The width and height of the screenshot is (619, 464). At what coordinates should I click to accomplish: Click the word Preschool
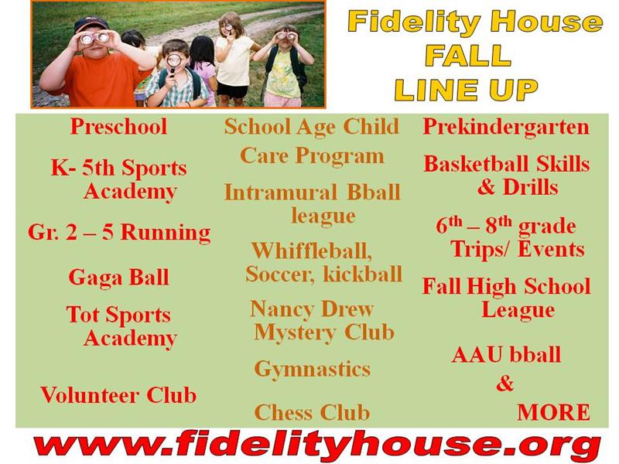(x=118, y=127)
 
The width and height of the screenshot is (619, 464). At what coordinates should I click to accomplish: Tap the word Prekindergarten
(x=506, y=127)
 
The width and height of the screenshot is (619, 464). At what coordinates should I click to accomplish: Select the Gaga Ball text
(x=118, y=278)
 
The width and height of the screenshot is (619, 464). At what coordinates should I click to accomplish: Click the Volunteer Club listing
(x=118, y=394)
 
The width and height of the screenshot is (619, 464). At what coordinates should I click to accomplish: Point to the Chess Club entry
(x=312, y=412)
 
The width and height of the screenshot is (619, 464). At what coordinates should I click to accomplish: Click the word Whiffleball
(x=312, y=251)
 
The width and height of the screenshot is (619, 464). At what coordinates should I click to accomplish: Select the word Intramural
(x=280, y=193)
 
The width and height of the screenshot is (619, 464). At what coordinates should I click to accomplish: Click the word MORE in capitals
(x=553, y=412)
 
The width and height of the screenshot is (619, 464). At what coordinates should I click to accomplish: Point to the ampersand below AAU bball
(x=505, y=384)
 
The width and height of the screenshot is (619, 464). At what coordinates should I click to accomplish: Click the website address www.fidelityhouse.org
(x=317, y=445)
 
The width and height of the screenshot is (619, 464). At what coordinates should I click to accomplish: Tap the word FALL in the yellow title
(x=468, y=55)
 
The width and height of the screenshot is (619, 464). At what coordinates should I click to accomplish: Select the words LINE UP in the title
(x=466, y=90)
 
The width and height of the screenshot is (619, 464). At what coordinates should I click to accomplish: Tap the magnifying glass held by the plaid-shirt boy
(x=173, y=63)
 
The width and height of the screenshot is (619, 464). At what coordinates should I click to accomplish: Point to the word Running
(x=166, y=233)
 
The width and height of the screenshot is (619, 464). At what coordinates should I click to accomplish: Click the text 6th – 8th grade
(x=506, y=226)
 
